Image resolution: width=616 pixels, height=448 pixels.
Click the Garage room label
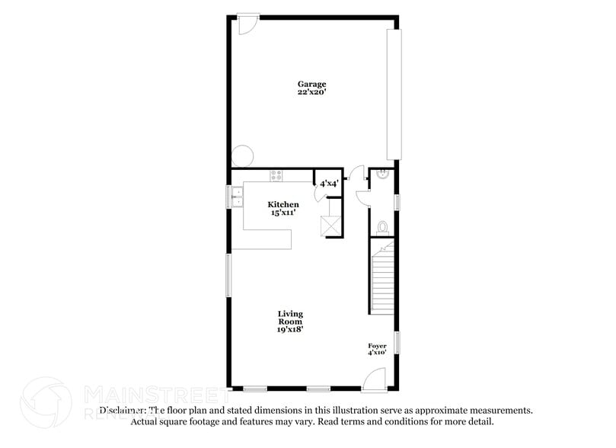click(x=311, y=84)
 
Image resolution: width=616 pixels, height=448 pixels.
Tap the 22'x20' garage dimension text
click(x=311, y=92)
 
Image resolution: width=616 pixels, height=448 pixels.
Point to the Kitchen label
click(x=282, y=205)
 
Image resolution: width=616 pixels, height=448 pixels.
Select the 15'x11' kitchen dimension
click(x=282, y=213)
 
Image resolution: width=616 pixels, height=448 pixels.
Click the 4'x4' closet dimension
click(x=329, y=184)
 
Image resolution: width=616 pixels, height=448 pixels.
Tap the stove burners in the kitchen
click(x=276, y=175)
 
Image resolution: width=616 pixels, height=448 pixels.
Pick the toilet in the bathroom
click(x=383, y=227)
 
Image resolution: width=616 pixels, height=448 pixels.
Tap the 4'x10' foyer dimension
click(x=377, y=353)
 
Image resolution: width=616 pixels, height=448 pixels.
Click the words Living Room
click(x=290, y=318)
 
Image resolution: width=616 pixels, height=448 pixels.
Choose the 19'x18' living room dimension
click(x=290, y=330)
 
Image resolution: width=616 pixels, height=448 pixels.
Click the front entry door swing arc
click(x=374, y=379)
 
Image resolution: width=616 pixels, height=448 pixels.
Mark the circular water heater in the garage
click(x=243, y=156)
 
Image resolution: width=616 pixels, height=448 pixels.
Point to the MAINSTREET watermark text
click(x=156, y=395)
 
